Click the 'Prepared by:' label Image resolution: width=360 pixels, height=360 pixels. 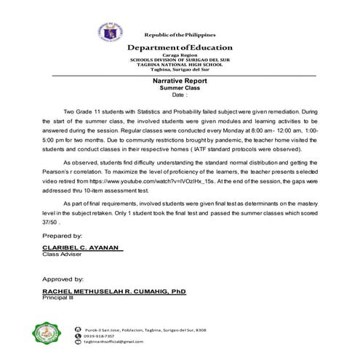tap(62, 236)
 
